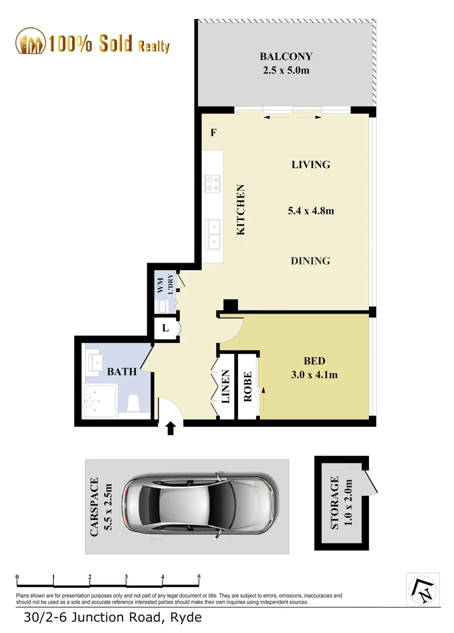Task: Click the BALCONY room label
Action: coord(286,57)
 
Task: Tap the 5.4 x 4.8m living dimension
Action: coord(310,210)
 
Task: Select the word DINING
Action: coord(310,261)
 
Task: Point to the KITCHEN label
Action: coord(240,210)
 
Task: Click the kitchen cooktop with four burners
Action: coord(212,184)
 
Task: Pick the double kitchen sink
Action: coord(213,233)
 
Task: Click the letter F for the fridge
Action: coord(214,132)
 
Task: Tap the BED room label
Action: coord(314,361)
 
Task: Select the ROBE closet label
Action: coord(247,386)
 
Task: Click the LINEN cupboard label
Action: coord(226,386)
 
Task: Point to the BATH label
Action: coord(122,371)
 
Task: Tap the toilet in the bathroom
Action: coord(134,403)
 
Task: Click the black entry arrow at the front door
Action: coord(171,429)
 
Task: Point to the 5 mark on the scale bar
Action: coord(199,577)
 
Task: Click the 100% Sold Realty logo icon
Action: coord(30,42)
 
